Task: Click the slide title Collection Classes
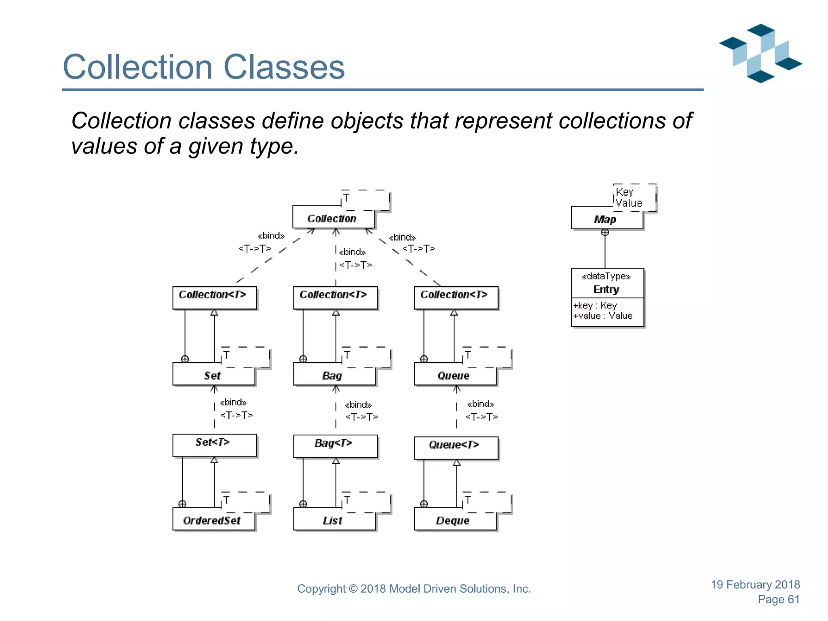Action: point(204,67)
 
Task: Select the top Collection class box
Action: point(333,218)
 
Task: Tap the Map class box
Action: point(606,219)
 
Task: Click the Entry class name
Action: point(606,289)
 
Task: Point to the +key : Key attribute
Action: point(595,305)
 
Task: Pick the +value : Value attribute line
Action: point(603,316)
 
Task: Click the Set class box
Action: point(213,375)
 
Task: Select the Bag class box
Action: point(334,375)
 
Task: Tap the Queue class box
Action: point(455,375)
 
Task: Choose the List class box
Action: point(334,520)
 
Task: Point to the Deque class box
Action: point(455,520)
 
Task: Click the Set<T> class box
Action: point(214,445)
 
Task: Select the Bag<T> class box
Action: point(335,446)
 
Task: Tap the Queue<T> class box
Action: point(456,447)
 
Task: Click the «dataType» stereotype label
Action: point(606,277)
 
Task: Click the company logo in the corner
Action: point(760,53)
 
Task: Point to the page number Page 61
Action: point(779,599)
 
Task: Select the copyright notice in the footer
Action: point(414,589)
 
